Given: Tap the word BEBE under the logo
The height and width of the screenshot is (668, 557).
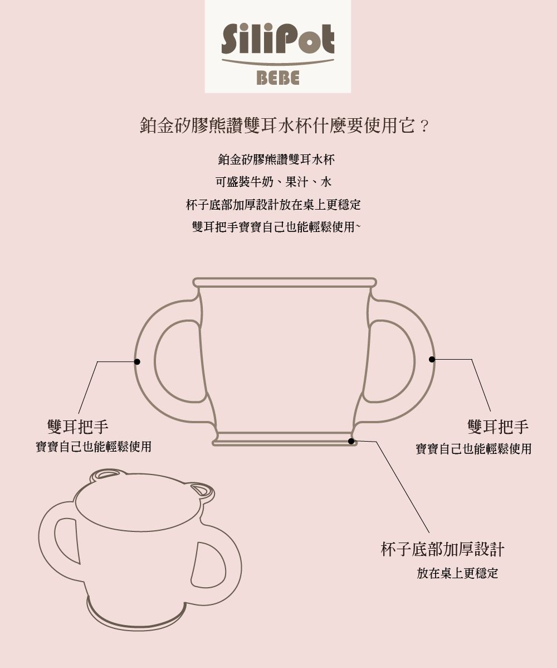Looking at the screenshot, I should click(277, 79).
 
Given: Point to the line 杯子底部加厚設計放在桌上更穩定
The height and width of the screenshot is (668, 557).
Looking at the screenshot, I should click(273, 205).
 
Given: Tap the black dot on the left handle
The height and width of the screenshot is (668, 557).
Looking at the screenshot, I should click(137, 362).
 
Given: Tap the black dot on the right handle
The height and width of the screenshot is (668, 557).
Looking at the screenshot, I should click(432, 359).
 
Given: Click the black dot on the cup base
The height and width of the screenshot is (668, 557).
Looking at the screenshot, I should click(351, 441).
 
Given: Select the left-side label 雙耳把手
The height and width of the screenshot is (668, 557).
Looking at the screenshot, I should click(78, 427).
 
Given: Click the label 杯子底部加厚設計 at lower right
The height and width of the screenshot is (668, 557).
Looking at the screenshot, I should click(442, 549).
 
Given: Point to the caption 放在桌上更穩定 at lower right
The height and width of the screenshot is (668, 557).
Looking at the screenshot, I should click(457, 573).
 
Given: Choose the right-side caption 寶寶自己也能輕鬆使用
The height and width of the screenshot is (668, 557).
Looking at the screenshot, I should click(473, 448).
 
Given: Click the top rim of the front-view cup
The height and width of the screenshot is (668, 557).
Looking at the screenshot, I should click(285, 282).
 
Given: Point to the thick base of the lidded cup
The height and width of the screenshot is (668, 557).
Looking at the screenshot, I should click(137, 622).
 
